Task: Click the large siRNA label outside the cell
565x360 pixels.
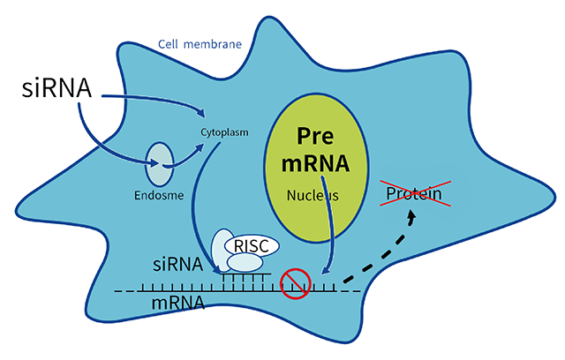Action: point(56,88)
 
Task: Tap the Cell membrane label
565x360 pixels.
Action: point(200,44)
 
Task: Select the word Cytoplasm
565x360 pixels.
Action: point(224,132)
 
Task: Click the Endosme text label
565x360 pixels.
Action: point(159,196)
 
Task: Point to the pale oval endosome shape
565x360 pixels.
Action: point(159,164)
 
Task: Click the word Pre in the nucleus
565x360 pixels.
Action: point(315,136)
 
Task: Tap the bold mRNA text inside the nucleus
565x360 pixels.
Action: point(316,164)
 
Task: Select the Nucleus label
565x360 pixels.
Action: point(313,196)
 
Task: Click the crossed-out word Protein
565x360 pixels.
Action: point(414,194)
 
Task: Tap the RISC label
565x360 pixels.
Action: point(252,246)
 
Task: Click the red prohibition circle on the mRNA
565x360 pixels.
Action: point(296,284)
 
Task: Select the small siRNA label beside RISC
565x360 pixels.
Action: point(177,265)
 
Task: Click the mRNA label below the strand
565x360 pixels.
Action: point(178,303)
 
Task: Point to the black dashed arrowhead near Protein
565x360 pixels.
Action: point(411,217)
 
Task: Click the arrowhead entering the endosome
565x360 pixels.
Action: point(154,164)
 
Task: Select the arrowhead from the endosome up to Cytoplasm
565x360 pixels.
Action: point(200,148)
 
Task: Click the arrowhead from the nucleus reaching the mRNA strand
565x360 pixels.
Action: point(326,270)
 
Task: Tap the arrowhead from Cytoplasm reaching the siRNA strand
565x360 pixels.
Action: point(217,269)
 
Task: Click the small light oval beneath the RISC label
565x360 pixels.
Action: point(245,263)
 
